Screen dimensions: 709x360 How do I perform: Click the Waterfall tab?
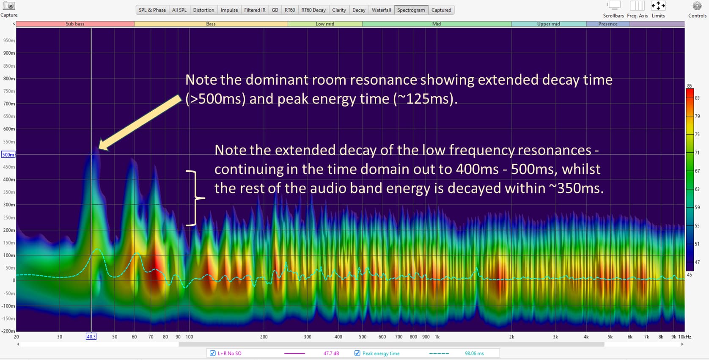[x=381, y=10]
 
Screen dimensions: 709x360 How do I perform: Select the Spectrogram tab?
[x=411, y=10]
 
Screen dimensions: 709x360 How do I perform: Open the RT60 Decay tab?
[x=313, y=10]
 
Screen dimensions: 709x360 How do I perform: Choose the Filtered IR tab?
[x=255, y=10]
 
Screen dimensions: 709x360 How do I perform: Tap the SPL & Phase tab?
[x=152, y=10]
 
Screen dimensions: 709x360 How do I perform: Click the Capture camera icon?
[x=9, y=5]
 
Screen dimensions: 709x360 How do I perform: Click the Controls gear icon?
[x=697, y=6]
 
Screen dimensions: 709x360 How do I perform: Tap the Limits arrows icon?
[x=658, y=6]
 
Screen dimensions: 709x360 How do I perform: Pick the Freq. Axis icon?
[x=637, y=6]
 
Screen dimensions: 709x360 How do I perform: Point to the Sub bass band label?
[x=75, y=24]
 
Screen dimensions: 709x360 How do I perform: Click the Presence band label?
[x=608, y=24]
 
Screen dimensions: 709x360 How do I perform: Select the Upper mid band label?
[x=549, y=24]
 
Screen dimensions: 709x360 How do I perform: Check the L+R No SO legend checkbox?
[x=213, y=353]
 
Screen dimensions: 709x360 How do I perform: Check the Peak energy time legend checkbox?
[x=357, y=353]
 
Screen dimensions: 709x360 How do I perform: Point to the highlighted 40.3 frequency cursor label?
[x=91, y=337]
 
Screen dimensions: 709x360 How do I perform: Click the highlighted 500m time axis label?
[x=8, y=154]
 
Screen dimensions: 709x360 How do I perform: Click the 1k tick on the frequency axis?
[x=437, y=337]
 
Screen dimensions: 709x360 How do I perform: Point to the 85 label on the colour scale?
[x=690, y=86]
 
